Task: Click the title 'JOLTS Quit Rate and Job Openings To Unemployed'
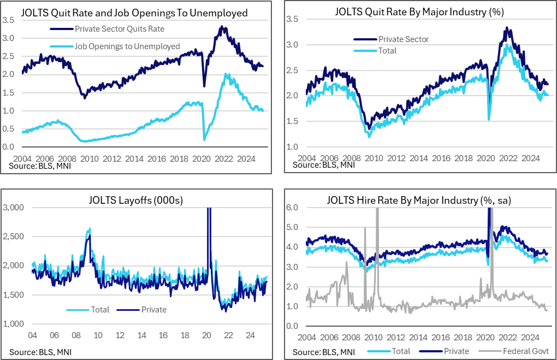point(134,12)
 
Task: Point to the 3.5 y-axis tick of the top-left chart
point(8,21)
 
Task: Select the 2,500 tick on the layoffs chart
point(13,237)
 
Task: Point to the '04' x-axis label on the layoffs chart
point(32,335)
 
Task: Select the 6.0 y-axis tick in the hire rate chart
point(293,208)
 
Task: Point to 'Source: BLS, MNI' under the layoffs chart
point(40,351)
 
